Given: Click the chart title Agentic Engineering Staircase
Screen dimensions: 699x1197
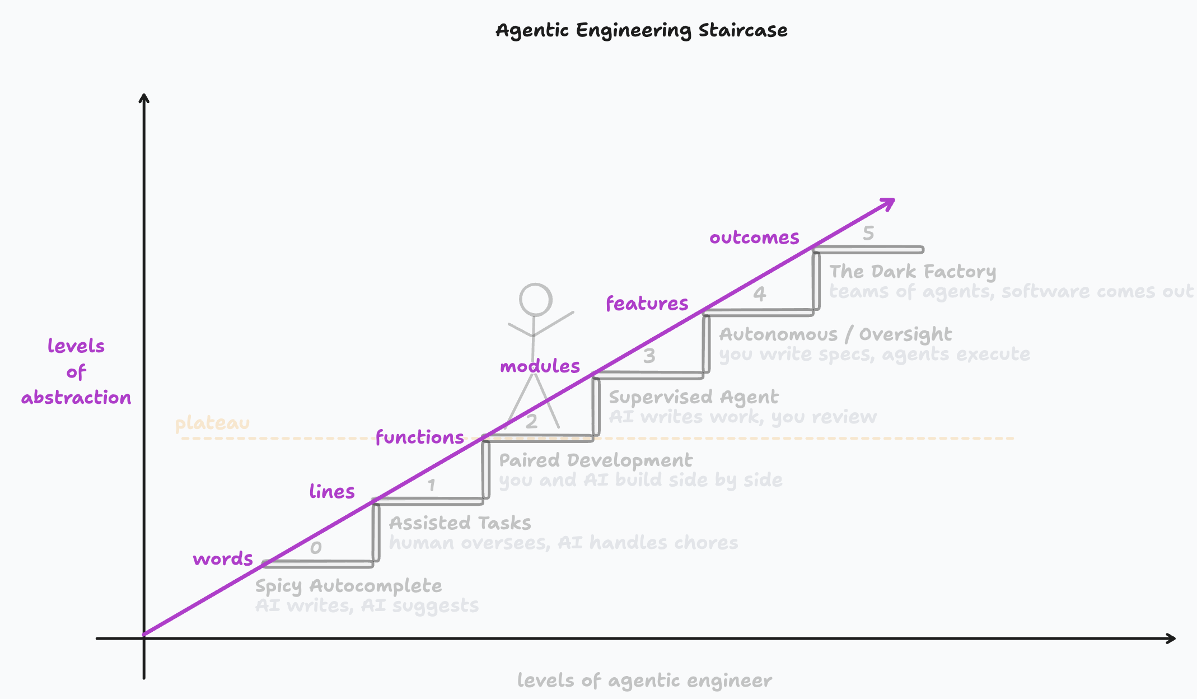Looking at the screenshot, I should (x=641, y=30).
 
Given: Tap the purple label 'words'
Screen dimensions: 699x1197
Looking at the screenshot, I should (x=223, y=558).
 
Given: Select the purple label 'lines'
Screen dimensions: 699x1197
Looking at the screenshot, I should (x=332, y=491).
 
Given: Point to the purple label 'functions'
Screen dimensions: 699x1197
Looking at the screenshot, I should (x=419, y=437).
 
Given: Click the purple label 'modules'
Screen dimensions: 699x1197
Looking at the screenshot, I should (x=540, y=366).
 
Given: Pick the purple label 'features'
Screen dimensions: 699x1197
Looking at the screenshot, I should (x=647, y=303).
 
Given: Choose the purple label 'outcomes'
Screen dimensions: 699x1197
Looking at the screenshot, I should (x=754, y=237).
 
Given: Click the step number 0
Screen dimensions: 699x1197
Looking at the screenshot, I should (x=316, y=547).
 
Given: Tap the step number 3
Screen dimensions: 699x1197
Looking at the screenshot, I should (x=649, y=356).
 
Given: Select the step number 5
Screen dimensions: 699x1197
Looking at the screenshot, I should (x=868, y=233).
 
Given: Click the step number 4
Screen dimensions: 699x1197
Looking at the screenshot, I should (x=759, y=293).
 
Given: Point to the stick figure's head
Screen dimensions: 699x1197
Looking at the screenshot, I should (x=535, y=300).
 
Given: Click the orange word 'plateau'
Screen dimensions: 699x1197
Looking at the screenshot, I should (x=212, y=423).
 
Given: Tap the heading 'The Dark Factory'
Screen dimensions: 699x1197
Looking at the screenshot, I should (x=913, y=272).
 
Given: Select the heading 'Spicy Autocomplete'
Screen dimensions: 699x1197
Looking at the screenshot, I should (x=348, y=586).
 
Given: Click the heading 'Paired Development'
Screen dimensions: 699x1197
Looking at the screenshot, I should (x=596, y=460).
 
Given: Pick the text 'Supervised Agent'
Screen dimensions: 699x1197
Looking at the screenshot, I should (x=693, y=397).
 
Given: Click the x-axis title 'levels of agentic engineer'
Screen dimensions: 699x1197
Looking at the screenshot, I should (x=644, y=680).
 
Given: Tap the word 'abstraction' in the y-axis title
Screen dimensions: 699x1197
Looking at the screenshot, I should (x=76, y=398).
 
